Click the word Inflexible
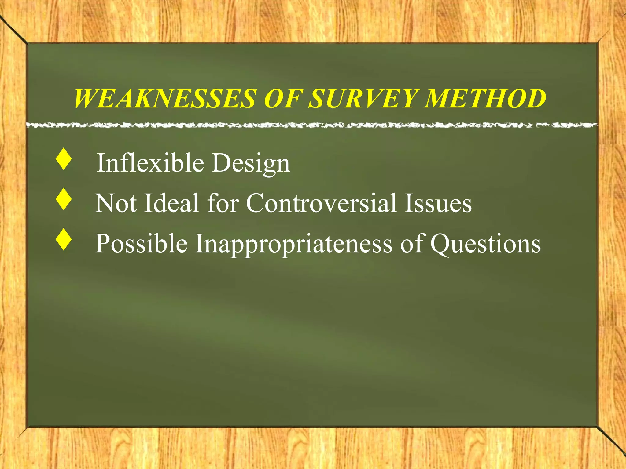150,163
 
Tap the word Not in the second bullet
116,203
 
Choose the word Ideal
171,203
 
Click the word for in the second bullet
223,203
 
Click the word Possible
141,243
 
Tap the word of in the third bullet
411,243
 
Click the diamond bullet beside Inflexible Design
64,159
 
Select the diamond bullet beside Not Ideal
64,199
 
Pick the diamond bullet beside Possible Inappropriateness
64,240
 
